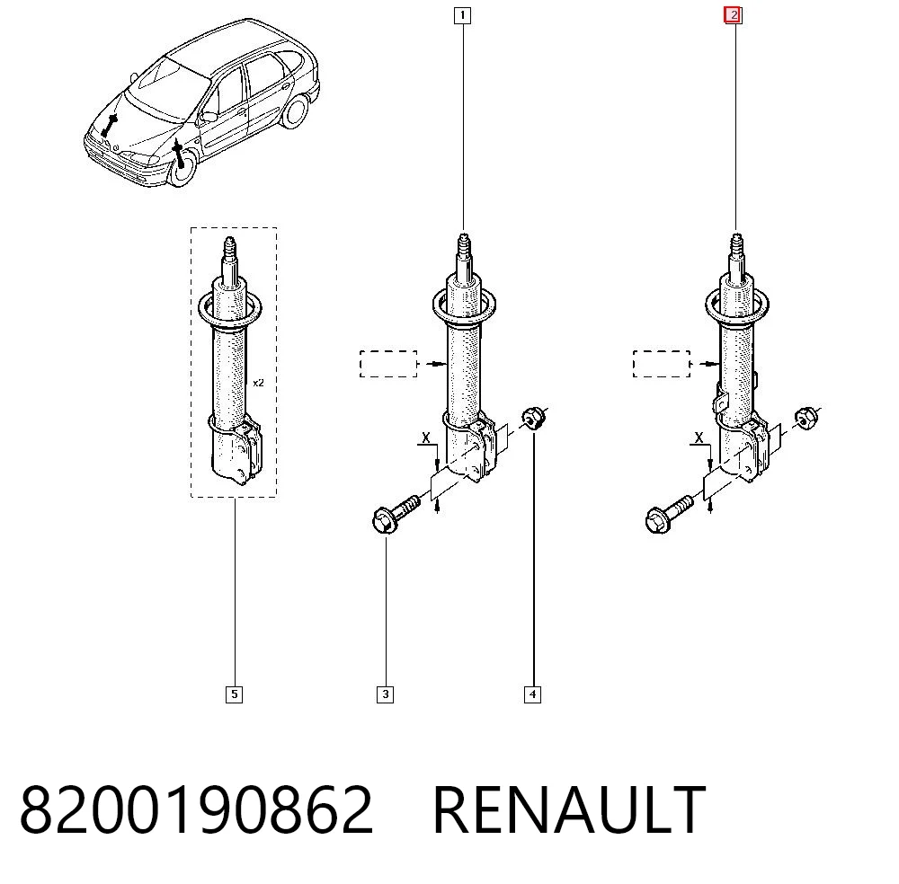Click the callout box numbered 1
coord(462,15)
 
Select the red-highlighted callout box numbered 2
coord(734,15)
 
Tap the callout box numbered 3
coord(386,694)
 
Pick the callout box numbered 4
coord(532,694)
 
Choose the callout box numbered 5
coord(234,694)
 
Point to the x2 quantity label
coord(259,383)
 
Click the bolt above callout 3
coord(395,515)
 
